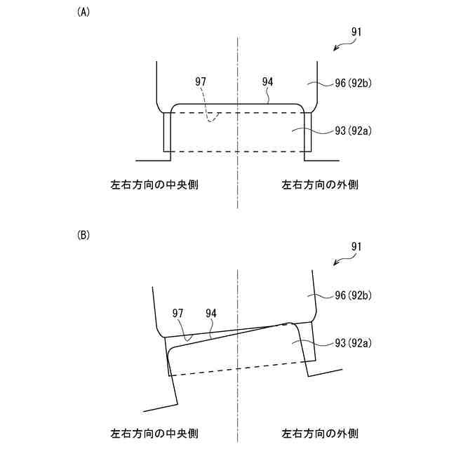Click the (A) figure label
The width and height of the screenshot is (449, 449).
click(83, 13)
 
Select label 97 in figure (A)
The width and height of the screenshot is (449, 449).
click(201, 82)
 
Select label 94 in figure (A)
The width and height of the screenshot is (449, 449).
click(267, 82)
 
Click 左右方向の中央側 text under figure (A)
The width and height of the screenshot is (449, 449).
click(154, 185)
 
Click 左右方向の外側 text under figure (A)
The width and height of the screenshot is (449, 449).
click(320, 185)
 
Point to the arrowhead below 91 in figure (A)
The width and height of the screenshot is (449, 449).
click(336, 48)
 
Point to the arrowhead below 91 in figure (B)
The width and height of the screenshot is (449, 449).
click(336, 263)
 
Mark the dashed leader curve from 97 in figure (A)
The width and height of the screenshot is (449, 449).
click(208, 105)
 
